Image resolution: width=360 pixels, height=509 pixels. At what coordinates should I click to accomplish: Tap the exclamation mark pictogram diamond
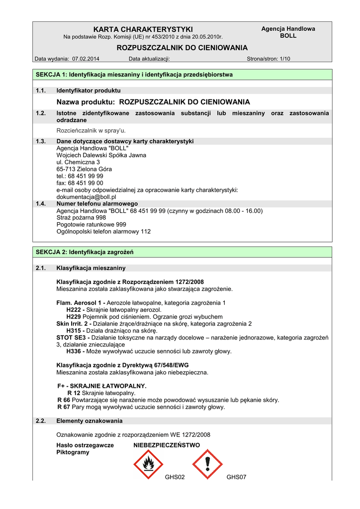pos(207,464)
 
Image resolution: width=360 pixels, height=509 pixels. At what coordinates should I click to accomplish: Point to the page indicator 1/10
pos(284,59)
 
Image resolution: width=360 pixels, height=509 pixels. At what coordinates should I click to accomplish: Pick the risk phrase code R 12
pos(74,393)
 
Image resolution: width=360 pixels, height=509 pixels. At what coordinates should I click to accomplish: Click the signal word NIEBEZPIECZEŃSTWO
pos(167,445)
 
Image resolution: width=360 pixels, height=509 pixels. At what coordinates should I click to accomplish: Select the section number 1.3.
pos(41,141)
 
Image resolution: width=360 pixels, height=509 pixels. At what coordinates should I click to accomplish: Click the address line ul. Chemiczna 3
pos(78,162)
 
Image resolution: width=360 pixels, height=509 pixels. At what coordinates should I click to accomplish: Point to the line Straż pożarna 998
pos(81,218)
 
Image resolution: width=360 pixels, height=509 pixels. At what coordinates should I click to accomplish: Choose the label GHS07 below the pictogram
pos(236,477)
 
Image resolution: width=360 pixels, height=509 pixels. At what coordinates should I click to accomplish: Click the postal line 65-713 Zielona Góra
pos(84,169)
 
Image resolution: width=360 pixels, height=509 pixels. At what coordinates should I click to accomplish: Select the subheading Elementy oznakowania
pos(90,421)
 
